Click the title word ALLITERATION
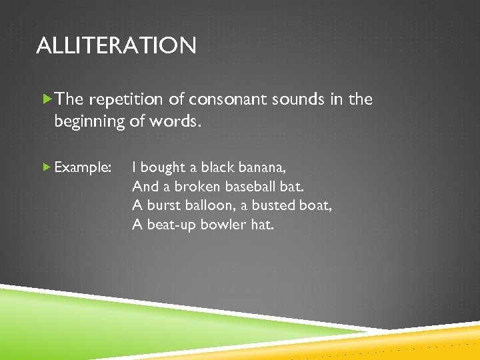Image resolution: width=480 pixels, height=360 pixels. coord(116,46)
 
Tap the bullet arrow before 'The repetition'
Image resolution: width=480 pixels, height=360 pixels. coord(46,99)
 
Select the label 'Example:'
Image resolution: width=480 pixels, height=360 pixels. coord(83,167)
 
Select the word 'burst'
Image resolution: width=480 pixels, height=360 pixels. coord(164,205)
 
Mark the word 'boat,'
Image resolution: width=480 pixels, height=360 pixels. coord(315,205)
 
